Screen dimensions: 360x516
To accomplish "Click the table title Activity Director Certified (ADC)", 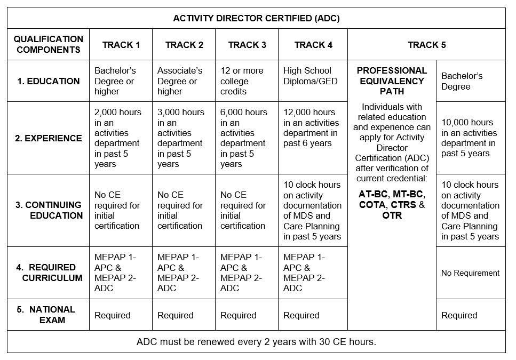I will [x=256, y=18].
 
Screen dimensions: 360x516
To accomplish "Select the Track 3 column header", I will [x=247, y=45].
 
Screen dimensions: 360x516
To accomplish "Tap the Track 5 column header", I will [x=426, y=45].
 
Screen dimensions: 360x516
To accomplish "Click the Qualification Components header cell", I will [x=49, y=44].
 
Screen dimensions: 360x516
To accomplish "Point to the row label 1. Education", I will [x=49, y=81].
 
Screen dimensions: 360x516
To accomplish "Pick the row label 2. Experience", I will [x=49, y=138].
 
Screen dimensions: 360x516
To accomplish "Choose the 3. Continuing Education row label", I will [x=49, y=210].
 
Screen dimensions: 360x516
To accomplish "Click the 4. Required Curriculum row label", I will [x=49, y=273].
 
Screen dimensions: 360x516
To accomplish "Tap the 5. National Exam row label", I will [x=49, y=315].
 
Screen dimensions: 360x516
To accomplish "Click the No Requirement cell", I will [x=470, y=273].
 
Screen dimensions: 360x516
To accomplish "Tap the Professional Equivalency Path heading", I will [x=392, y=81].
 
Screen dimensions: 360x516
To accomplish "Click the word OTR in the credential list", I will [x=392, y=215].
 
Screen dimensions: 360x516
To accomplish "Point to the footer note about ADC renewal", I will [x=256, y=342].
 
